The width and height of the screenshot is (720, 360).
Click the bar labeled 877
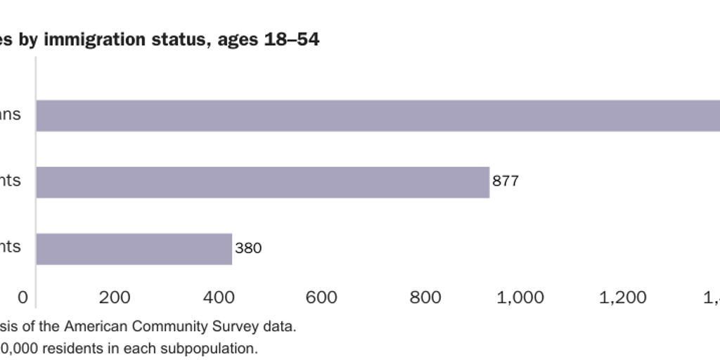(x=262, y=182)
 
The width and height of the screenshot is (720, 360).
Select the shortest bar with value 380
(x=134, y=249)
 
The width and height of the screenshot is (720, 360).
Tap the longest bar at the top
(x=378, y=115)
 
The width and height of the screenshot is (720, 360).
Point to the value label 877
(x=506, y=181)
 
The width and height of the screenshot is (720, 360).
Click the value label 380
(x=248, y=248)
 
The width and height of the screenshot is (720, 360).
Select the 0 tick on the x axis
(x=23, y=297)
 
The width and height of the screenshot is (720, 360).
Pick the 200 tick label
(x=115, y=297)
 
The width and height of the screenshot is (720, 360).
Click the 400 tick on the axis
(x=219, y=297)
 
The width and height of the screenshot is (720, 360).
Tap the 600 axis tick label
(x=322, y=297)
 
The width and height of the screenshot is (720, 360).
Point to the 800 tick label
(x=425, y=297)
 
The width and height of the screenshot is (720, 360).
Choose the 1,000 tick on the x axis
(x=520, y=297)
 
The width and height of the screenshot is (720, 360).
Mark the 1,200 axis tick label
(x=623, y=297)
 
